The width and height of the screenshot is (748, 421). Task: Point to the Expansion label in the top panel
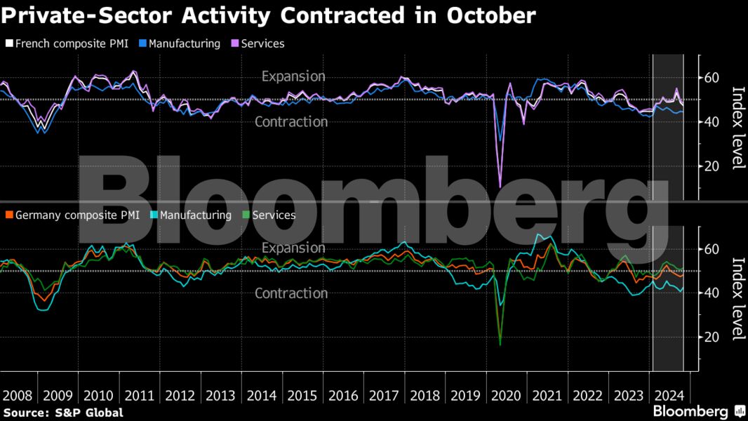[293, 76]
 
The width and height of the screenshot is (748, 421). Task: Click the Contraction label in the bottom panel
[290, 293]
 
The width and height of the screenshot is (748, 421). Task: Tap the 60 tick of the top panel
[712, 77]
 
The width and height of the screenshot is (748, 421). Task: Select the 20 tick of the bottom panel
[712, 338]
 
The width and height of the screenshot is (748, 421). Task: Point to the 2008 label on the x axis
[18, 395]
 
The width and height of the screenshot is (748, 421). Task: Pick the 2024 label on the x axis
[670, 395]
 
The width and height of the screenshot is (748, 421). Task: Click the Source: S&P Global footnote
[63, 413]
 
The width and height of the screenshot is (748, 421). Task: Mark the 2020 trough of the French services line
[500, 186]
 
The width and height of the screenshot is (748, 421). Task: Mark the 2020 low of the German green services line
[500, 345]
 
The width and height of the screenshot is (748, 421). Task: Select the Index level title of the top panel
[737, 127]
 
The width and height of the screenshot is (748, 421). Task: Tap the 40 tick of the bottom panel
[712, 293]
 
